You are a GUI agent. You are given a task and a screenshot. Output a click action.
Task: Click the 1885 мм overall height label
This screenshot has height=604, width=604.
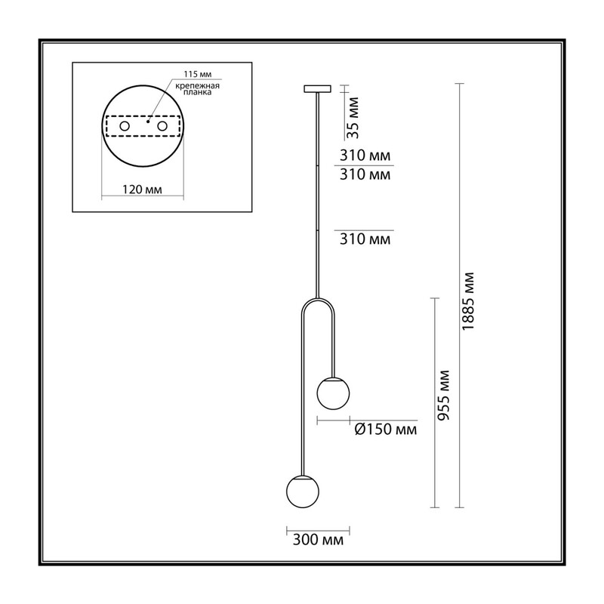pyautogui.click(x=468, y=300)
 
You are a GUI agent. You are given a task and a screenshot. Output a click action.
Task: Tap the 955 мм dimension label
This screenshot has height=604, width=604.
pyautogui.click(x=444, y=395)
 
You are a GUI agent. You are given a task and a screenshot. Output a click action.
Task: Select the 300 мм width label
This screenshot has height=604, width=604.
pyautogui.click(x=318, y=540)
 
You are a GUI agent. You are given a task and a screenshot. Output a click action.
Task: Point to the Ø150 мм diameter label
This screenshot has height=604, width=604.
pyautogui.click(x=386, y=429)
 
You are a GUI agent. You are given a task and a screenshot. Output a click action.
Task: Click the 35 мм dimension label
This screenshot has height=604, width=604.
pyautogui.click(x=353, y=118)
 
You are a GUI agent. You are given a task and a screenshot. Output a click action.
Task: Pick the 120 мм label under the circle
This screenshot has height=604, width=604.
pyautogui.click(x=142, y=190)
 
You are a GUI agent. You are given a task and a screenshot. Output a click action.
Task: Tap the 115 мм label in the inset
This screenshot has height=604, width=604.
pyautogui.click(x=198, y=74)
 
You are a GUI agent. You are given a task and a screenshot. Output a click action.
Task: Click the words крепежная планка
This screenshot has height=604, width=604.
pyautogui.click(x=198, y=89)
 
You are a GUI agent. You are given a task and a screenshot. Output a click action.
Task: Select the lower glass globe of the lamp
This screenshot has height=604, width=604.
pyautogui.click(x=303, y=492)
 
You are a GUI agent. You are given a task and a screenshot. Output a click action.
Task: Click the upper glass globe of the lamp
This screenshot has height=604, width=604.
pyautogui.click(x=333, y=393)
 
